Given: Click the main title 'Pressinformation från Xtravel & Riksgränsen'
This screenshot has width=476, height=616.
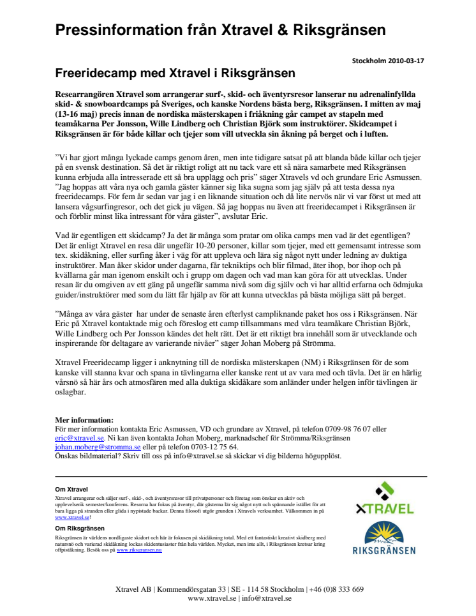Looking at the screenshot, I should [220, 29].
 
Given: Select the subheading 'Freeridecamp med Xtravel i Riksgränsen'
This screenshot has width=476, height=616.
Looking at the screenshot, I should [174, 73].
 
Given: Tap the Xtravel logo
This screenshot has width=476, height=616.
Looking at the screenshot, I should [383, 499].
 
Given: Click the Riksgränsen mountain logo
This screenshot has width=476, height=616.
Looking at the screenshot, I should [383, 539].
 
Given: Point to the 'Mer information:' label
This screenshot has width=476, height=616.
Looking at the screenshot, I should [84, 420].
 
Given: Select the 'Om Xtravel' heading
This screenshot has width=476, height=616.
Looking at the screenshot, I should [71, 490].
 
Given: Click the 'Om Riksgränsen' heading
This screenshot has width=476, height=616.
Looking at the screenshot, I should [80, 529].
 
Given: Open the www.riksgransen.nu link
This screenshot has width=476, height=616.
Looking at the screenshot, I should [139, 550].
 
